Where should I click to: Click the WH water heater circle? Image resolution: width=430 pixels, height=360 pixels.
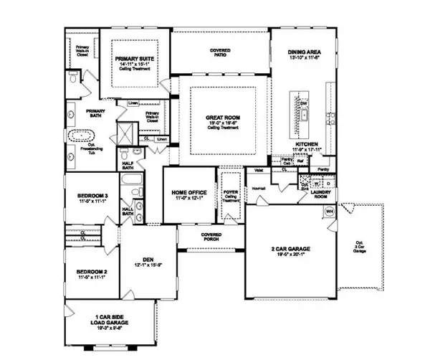pos(330,212)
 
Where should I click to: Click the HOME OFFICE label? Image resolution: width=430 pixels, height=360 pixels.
pos(188,193)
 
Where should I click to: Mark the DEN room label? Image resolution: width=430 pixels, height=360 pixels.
pos(148,261)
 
